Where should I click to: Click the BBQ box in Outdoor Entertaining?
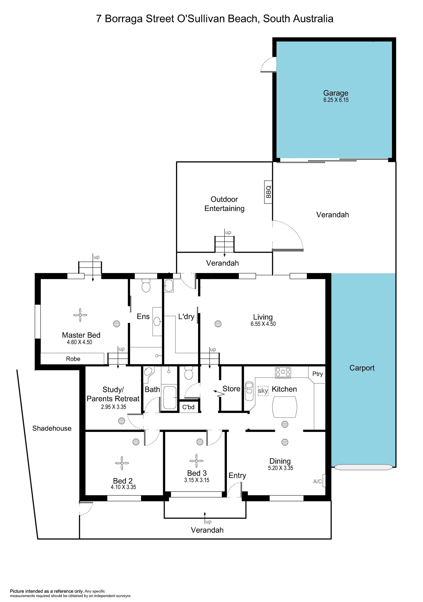(268, 192)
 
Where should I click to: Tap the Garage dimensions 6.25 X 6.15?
(336, 100)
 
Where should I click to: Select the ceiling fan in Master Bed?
(80, 315)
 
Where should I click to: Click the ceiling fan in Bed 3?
(196, 461)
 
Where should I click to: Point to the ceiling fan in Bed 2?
(122, 463)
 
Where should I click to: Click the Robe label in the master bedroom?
(73, 359)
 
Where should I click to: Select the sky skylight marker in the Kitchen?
(263, 391)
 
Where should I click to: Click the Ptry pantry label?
(318, 374)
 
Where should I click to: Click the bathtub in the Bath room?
(170, 398)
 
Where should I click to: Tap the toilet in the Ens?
(146, 286)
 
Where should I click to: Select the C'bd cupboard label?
(188, 407)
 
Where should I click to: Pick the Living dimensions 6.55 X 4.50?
(263, 324)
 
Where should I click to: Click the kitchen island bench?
(285, 407)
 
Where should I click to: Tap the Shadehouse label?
(52, 428)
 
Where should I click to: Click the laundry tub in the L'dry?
(169, 286)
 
